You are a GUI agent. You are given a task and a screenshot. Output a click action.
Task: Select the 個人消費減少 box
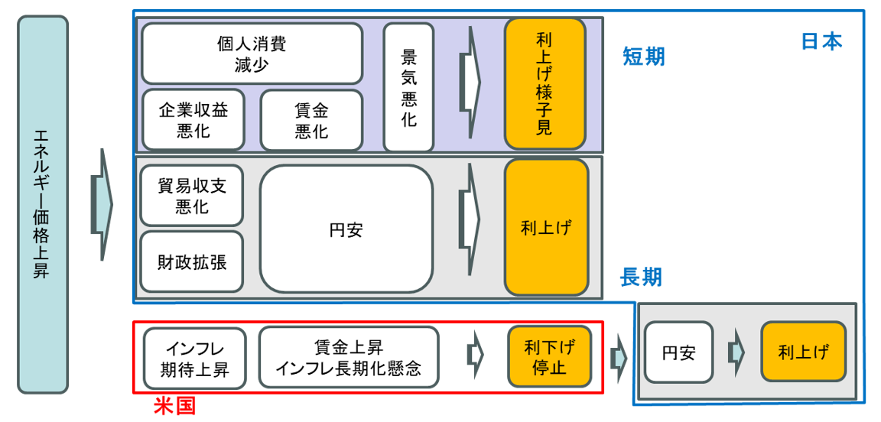[252, 54]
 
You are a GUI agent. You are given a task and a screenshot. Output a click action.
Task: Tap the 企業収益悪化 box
[193, 120]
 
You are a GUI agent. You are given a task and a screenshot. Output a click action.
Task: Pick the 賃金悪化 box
[311, 121]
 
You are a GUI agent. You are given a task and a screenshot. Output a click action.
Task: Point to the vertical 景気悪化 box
[408, 87]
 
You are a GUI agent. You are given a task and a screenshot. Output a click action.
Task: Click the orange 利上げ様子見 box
[545, 84]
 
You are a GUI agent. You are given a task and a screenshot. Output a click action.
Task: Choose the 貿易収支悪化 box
[191, 196]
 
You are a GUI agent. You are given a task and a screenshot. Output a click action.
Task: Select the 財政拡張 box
[191, 261]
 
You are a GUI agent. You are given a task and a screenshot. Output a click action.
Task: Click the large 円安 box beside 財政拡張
[346, 229]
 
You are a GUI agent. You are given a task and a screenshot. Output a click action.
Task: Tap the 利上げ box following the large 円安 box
[546, 227]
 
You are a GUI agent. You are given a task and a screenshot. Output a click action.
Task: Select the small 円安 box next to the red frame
[678, 352]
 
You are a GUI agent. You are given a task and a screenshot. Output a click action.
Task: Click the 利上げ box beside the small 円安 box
[803, 352]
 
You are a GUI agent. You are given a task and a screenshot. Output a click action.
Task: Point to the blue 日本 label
[821, 41]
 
